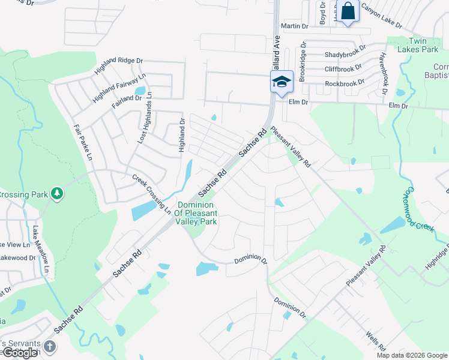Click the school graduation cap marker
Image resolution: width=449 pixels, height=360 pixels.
(281, 82)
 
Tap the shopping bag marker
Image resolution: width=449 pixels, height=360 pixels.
(348, 11)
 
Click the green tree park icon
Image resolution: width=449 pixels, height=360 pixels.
(57, 193)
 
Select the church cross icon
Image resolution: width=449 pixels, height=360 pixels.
(50, 346)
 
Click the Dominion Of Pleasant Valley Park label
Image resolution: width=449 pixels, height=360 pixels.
(197, 213)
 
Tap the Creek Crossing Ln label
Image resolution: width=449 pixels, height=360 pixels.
(151, 190)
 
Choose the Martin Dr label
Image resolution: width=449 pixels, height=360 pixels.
(294, 26)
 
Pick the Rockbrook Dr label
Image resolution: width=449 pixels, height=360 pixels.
(345, 83)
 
